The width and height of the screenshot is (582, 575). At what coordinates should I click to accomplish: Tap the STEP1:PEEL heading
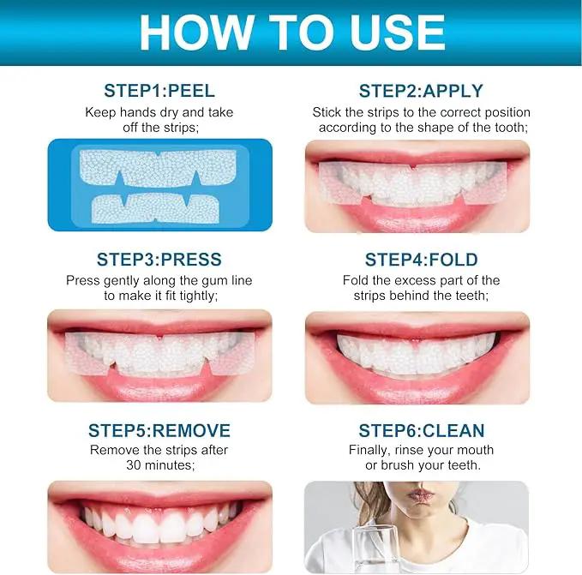159,91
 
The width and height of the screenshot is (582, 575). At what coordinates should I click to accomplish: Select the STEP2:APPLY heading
421,91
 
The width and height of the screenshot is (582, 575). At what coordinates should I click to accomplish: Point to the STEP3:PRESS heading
159,260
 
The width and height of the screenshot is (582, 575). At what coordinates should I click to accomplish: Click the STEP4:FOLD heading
421,260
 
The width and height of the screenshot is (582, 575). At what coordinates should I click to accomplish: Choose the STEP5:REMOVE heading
159,430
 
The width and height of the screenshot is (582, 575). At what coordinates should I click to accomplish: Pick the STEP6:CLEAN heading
421,430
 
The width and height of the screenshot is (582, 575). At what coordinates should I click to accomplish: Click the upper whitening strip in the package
158,168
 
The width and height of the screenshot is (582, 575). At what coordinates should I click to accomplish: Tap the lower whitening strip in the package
155,208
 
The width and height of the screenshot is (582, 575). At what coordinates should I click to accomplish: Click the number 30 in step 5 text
133,464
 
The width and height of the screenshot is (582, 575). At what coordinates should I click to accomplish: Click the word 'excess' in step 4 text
414,281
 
